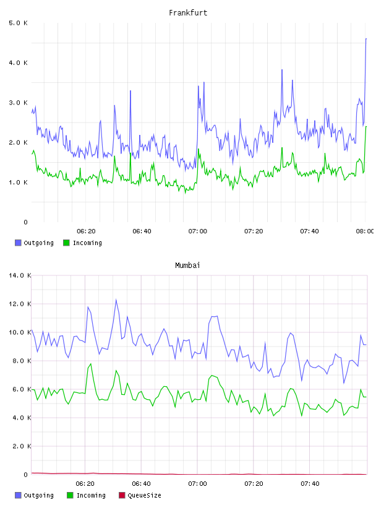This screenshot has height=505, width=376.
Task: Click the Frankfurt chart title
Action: pos(188,13)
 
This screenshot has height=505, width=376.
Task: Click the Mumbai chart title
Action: pos(187,265)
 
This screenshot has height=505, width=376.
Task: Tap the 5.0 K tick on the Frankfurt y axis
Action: pos(18,23)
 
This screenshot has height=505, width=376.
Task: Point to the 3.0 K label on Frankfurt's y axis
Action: pos(18,103)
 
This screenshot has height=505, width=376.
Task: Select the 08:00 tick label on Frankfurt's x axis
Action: pos(365,231)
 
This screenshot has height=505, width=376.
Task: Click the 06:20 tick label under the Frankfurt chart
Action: pos(86,231)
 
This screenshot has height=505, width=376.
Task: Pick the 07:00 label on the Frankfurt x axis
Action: pos(198,231)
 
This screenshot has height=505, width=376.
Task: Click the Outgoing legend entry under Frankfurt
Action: pos(34,243)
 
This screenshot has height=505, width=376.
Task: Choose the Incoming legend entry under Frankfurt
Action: pos(82,243)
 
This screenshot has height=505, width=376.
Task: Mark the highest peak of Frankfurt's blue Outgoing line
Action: pos(366,38)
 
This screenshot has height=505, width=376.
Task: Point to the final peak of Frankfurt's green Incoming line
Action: pos(366,127)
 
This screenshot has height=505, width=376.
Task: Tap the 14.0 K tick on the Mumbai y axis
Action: pos(20,275)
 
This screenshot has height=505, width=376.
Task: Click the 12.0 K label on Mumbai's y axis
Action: pos(20,304)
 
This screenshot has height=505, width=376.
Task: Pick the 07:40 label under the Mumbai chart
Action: pos(310,484)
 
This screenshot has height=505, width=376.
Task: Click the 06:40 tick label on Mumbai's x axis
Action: pos(142,484)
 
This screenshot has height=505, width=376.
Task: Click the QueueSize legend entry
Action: pos(140,495)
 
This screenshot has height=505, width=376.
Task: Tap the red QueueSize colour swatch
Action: pos(122,495)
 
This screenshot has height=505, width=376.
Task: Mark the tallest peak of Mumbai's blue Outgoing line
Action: pos(116,300)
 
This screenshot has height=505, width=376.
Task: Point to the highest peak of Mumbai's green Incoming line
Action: pos(91,364)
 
